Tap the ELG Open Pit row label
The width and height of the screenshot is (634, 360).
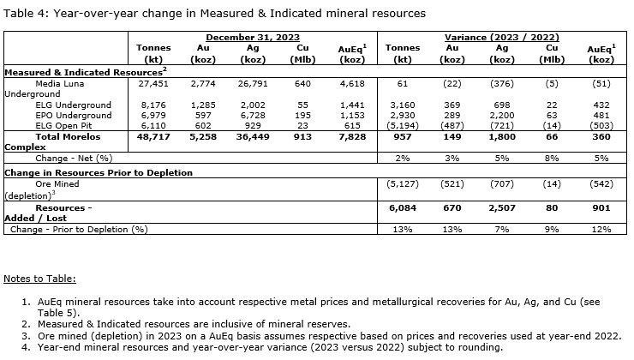pos(64,125)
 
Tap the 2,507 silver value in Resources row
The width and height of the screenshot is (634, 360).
pos(502,208)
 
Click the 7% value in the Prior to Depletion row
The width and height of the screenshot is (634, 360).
pos(503,230)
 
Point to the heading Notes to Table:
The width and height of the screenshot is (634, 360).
pos(40,279)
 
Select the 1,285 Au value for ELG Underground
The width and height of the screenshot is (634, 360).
pos(203,105)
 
